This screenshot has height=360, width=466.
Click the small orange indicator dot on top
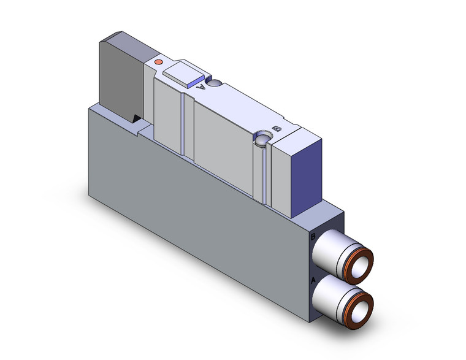tap(159, 62)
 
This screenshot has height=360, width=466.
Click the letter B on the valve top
tap(277, 128)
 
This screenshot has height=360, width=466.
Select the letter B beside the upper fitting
tap(313, 236)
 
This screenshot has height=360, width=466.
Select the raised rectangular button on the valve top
tap(182, 74)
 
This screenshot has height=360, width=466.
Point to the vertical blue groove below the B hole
tap(265, 175)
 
